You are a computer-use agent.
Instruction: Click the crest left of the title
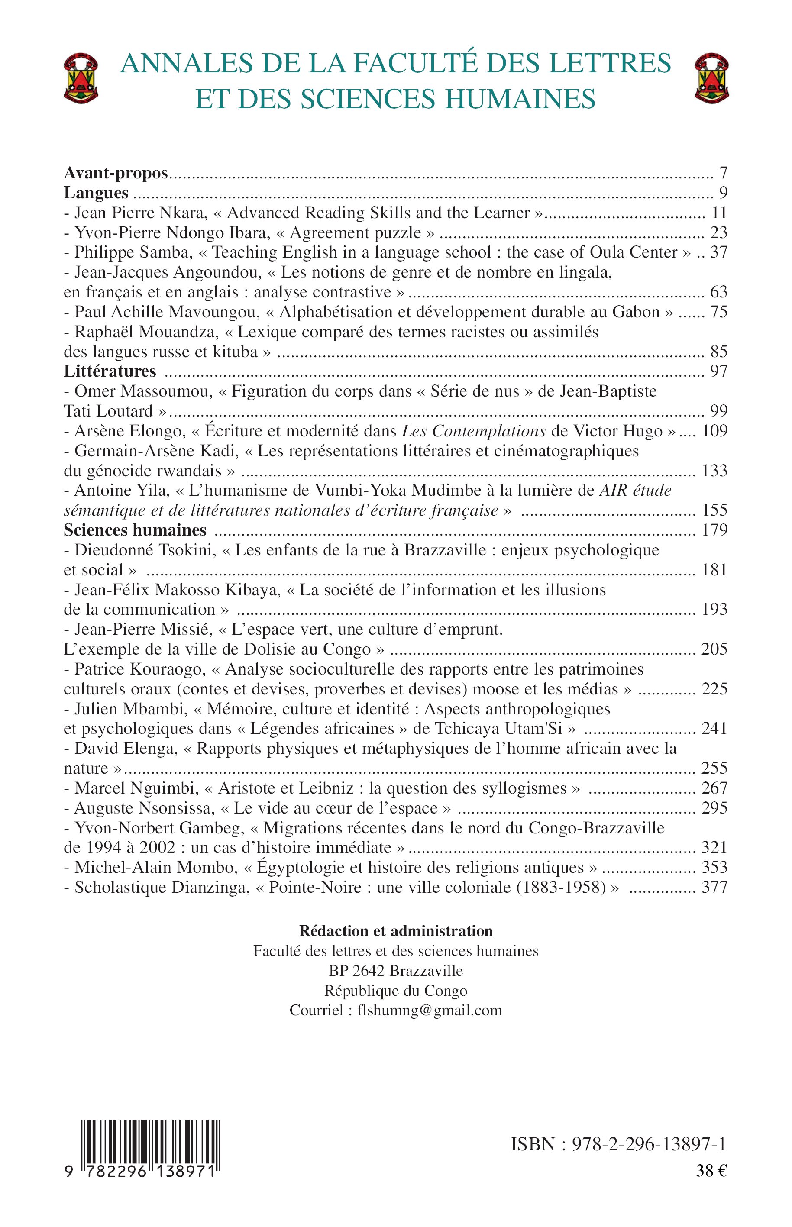81,79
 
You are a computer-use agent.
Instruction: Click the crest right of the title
711,79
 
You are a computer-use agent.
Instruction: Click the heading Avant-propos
116,173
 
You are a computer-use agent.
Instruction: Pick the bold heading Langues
96,193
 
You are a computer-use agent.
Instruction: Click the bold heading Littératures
110,371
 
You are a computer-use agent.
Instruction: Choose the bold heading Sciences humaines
135,530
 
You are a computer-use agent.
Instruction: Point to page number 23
718,232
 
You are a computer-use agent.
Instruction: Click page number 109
715,430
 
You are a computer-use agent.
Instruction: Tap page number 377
714,887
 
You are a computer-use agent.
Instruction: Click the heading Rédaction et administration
396,931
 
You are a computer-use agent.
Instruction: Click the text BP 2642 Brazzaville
396,970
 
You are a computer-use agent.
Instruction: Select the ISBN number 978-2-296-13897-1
649,1145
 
